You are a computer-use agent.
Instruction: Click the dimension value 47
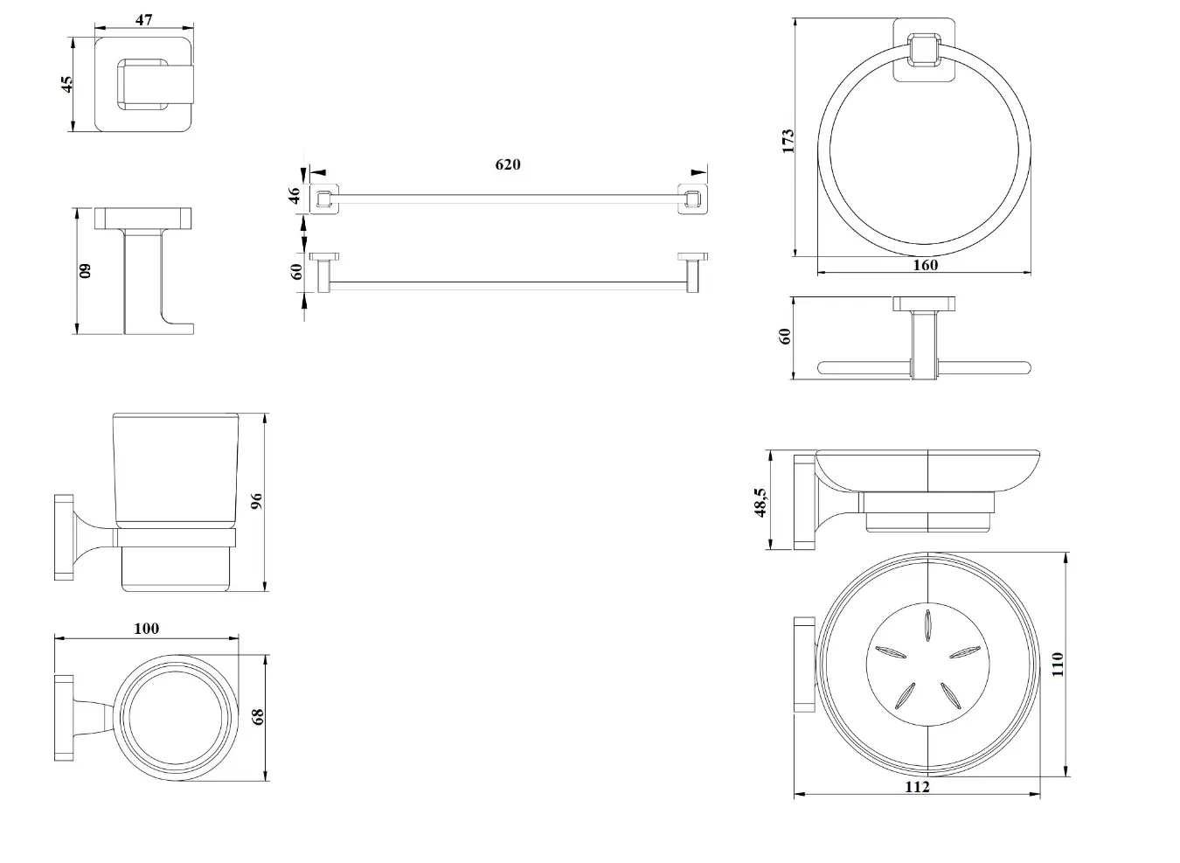[144, 20]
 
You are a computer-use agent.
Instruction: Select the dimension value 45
[67, 84]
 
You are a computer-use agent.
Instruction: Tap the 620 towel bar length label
[508, 164]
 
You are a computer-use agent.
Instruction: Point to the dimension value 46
[294, 195]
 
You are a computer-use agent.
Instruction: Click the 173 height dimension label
[788, 141]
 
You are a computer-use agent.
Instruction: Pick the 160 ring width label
[925, 264]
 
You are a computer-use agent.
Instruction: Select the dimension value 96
[256, 500]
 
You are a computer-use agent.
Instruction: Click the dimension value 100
[147, 628]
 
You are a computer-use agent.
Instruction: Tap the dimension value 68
[258, 716]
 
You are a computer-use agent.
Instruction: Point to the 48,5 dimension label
[760, 502]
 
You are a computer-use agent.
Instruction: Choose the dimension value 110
[1058, 664]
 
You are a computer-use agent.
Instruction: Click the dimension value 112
[917, 787]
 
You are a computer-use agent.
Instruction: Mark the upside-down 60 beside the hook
[85, 271]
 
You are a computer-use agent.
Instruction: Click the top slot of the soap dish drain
[927, 625]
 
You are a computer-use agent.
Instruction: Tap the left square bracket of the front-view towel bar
[323, 198]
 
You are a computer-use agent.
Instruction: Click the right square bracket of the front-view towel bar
[692, 198]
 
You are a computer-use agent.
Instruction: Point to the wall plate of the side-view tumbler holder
[64, 537]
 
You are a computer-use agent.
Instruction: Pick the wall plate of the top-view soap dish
[804, 665]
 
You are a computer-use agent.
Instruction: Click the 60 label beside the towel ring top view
[784, 336]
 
